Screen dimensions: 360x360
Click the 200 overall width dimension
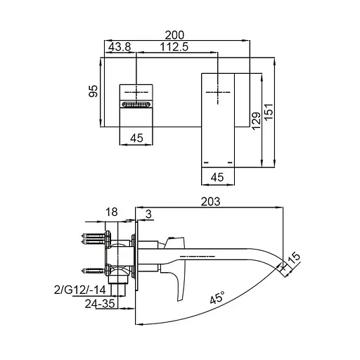[x=174, y=35]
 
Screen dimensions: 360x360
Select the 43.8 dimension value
[x=120, y=47]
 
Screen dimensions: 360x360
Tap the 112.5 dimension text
[x=174, y=47]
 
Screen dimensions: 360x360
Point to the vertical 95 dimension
[x=93, y=91]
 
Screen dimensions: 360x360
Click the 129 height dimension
[x=256, y=121]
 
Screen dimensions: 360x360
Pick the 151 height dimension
[x=269, y=112]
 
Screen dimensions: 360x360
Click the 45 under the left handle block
[x=136, y=138]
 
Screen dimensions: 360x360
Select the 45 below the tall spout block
[x=217, y=177]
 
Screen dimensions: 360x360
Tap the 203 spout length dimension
[x=210, y=202]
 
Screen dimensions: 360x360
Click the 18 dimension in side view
[x=111, y=212]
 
